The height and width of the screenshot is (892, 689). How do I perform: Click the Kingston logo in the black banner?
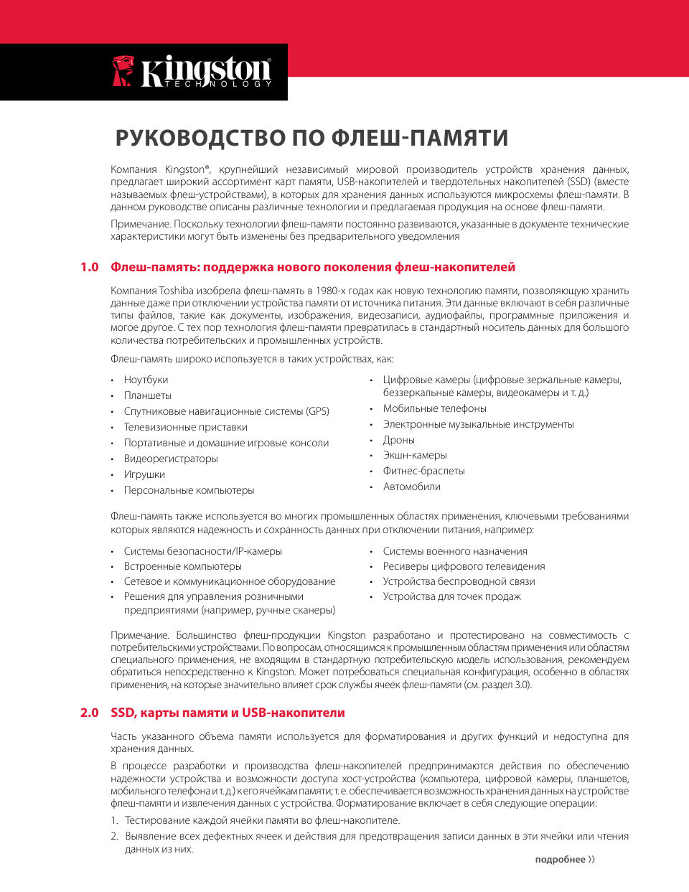pos(192,72)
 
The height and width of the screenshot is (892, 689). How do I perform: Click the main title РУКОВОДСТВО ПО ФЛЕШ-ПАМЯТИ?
pos(311,138)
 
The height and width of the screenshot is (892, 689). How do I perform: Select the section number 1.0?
pos(89,268)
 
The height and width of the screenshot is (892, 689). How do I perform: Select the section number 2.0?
pos(89,713)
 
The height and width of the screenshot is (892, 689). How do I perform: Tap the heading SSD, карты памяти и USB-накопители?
pos(228,713)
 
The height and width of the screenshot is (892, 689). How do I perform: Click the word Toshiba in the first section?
pos(176,291)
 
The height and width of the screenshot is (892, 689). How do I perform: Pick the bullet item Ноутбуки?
pos(146,380)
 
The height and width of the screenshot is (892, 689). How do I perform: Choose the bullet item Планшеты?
pos(148,395)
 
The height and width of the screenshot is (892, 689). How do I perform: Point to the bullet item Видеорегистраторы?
pos(171,459)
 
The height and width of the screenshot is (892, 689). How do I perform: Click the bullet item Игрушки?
pos(144,474)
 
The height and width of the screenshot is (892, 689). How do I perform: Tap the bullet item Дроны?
pos(399,440)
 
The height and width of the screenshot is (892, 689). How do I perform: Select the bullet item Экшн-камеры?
pos(415,455)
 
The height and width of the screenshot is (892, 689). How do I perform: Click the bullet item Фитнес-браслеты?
pos(423,471)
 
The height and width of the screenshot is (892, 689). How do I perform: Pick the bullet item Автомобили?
pos(412,487)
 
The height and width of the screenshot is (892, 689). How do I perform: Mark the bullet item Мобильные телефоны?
pos(435,408)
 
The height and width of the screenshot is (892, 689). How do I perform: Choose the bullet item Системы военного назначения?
pos(455,551)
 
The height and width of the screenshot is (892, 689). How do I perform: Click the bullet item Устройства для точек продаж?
pos(452,596)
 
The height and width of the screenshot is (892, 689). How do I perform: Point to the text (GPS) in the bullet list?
pos(318,411)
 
